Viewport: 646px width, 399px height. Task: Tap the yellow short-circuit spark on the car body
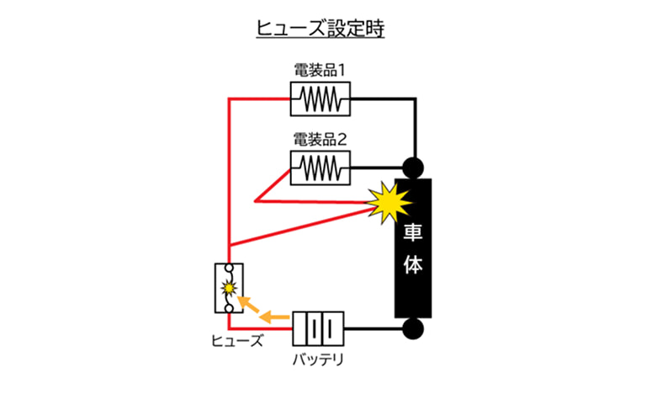pos(389,202)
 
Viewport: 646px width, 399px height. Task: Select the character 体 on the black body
pos(413,265)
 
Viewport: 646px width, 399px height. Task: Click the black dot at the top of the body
pos(413,166)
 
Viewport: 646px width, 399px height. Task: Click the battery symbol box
pos(319,328)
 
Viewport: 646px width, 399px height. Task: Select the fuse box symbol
pos(229,288)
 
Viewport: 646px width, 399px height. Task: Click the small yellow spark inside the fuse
pos(228,288)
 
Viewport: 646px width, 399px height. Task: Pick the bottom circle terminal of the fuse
pos(229,308)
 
